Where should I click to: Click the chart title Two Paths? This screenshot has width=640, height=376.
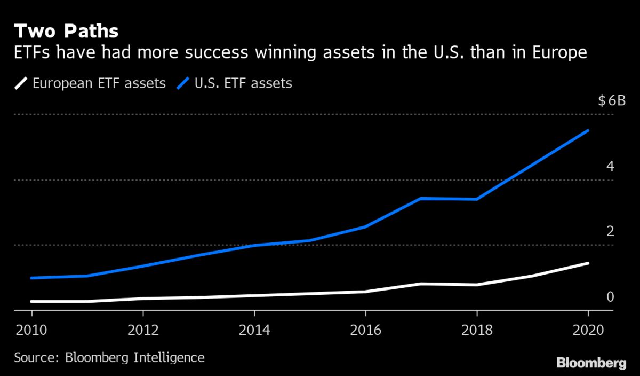(x=66, y=31)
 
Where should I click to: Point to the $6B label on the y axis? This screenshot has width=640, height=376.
(x=611, y=100)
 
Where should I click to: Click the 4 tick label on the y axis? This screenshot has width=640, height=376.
(x=610, y=166)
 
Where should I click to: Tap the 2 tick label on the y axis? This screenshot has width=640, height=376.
(x=610, y=231)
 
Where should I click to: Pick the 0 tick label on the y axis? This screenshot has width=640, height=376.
(x=610, y=297)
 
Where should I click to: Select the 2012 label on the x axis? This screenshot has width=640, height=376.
(x=143, y=330)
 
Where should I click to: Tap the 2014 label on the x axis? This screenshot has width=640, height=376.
(x=254, y=330)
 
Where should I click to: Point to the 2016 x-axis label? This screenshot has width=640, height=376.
(x=366, y=330)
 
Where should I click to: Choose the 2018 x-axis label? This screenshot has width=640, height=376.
(x=477, y=330)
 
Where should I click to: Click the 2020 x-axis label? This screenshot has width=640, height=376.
(x=587, y=330)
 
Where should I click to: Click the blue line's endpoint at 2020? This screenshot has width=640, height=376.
(x=588, y=130)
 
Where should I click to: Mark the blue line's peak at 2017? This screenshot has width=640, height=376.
(x=421, y=198)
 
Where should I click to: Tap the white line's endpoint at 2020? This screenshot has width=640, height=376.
(x=588, y=263)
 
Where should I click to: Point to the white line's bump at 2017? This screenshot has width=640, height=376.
(x=421, y=284)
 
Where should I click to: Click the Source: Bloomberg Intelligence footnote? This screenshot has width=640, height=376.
(x=109, y=357)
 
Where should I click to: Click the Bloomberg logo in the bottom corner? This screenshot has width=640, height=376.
(x=591, y=363)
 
